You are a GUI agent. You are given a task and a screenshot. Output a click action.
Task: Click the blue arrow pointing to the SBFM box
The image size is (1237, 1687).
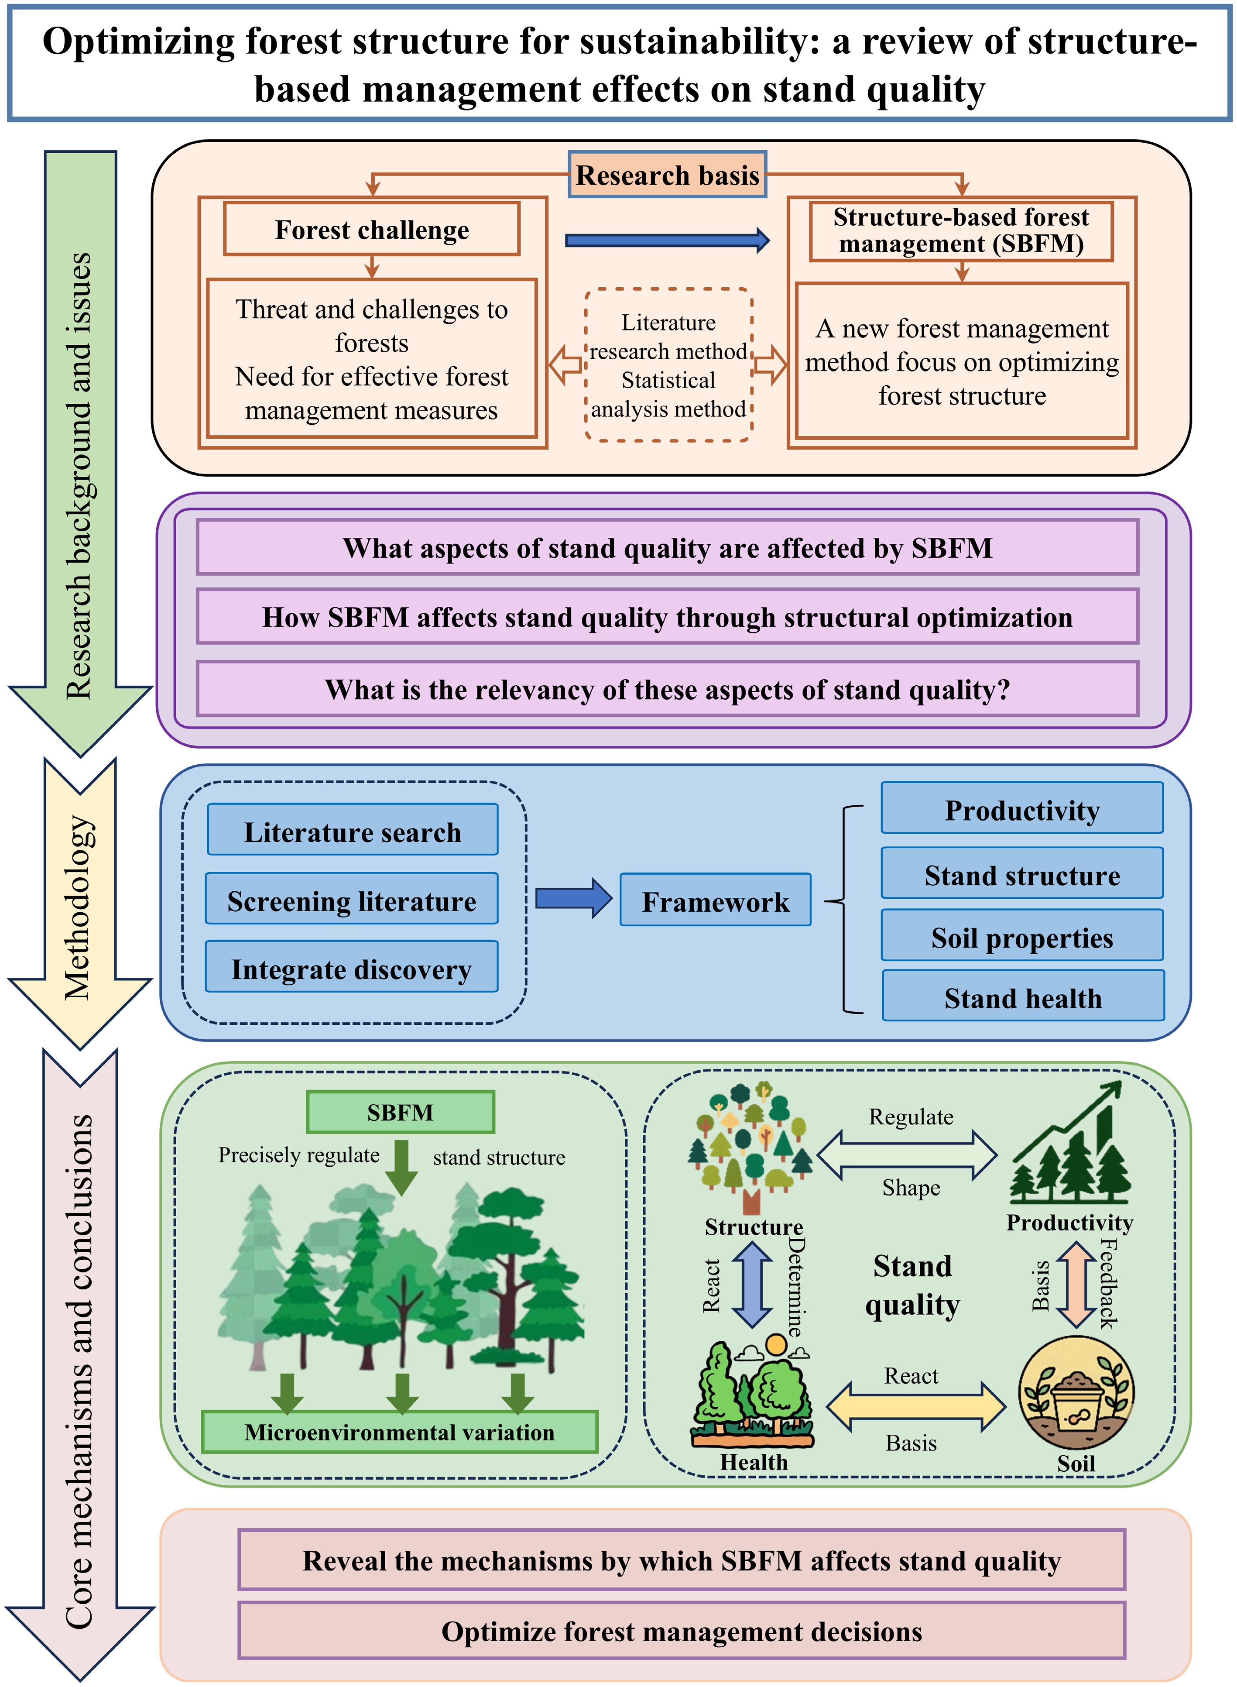point(666,240)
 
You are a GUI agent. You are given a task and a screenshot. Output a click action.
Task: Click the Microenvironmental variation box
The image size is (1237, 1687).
point(399,1432)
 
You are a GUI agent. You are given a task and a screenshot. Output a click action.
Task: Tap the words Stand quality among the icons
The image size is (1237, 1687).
point(912,1285)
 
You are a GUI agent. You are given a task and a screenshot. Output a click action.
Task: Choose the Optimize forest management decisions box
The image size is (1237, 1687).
point(682,1631)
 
